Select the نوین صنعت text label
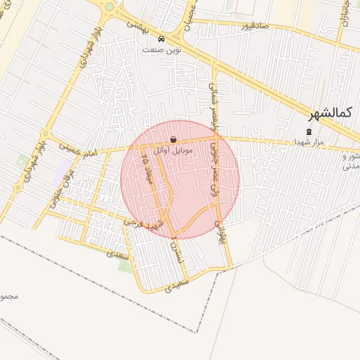point(162,50)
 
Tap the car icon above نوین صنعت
point(162,39)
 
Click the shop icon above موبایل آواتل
point(174,139)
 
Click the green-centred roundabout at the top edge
point(109,8)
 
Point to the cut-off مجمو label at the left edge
point(8,296)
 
